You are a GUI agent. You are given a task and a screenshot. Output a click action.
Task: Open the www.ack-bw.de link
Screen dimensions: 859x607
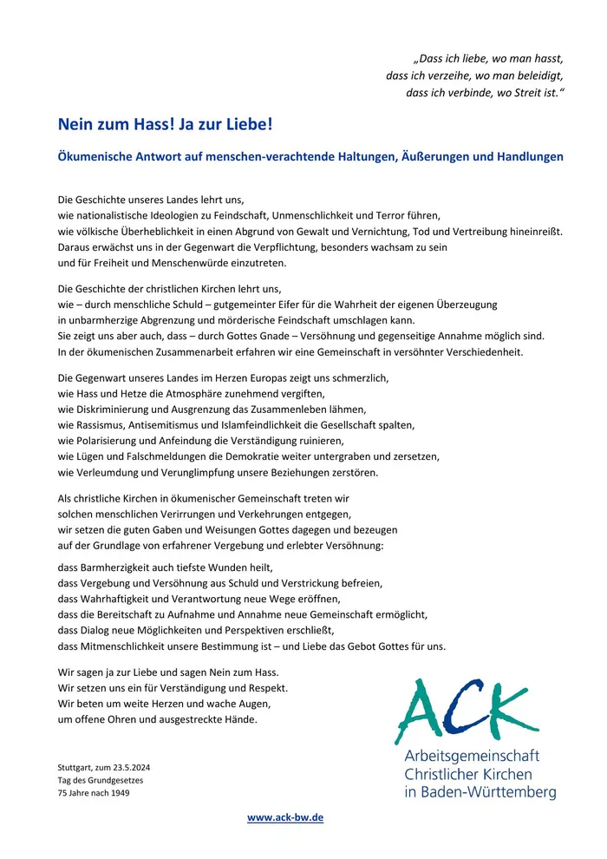285,817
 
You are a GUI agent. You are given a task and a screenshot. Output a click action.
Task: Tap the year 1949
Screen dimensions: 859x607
118,792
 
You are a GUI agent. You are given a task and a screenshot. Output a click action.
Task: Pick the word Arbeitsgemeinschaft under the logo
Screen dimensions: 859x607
472,756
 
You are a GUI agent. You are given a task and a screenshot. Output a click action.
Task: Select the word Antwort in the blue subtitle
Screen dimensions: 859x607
172,157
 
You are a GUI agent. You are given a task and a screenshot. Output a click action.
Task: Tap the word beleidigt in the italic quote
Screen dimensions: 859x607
538,75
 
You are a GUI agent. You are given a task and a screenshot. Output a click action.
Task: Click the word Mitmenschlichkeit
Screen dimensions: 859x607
120,646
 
